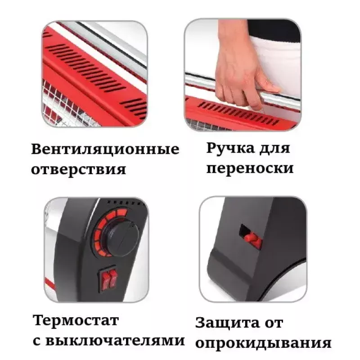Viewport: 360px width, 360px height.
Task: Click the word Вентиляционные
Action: [x=105, y=149]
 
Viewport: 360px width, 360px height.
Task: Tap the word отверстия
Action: [x=78, y=170]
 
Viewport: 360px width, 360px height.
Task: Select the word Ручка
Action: [x=230, y=148]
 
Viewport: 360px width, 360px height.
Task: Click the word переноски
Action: [x=250, y=168]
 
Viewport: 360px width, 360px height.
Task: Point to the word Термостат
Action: [x=76, y=320]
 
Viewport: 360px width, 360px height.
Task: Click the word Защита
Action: [x=227, y=324]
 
